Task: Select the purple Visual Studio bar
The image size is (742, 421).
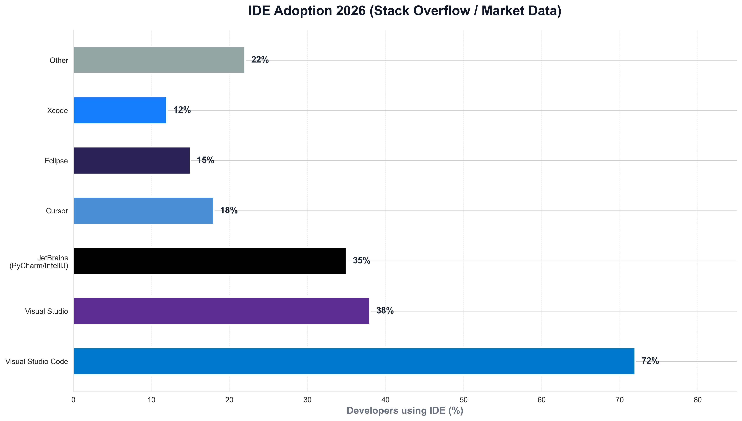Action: pos(221,311)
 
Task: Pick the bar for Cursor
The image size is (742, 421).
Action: pos(143,211)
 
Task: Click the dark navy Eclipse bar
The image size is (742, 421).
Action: pos(132,160)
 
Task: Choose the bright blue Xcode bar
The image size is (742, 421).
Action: pos(120,110)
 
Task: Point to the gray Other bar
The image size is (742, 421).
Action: pos(159,60)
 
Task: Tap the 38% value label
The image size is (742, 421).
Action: pos(385,311)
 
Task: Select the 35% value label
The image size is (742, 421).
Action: pos(361,261)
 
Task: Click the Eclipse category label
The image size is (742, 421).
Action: pos(56,161)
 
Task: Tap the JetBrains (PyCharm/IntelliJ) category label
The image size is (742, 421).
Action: pos(39,262)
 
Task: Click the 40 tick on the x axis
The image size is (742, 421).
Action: pos(385,400)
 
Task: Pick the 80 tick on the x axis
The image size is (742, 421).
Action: pos(697,400)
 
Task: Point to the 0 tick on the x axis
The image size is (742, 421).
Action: pos(73,400)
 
